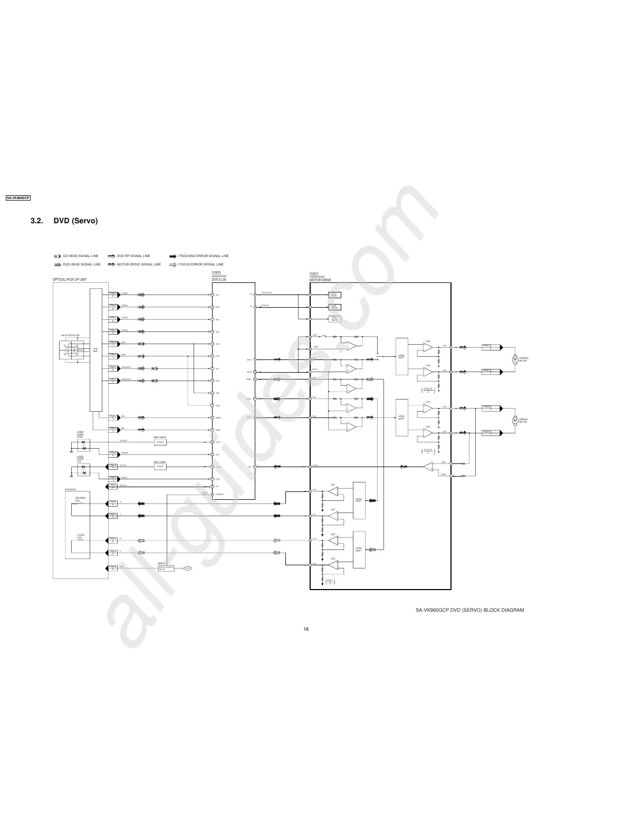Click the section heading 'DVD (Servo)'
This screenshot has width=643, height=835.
[75, 221]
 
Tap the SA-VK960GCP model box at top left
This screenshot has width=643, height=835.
[18, 198]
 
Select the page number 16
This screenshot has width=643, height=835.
[306, 629]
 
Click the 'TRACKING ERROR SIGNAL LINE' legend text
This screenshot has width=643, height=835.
[204, 256]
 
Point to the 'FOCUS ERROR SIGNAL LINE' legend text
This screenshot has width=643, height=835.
[201, 264]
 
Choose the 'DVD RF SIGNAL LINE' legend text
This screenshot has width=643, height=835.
[134, 256]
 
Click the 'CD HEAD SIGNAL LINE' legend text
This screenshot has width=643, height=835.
[81, 256]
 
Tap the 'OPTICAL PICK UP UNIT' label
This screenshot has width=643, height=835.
[70, 279]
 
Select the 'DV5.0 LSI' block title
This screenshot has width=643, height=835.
[219, 279]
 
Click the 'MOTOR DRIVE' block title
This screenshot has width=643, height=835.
[320, 279]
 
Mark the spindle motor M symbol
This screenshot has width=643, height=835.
[515, 420]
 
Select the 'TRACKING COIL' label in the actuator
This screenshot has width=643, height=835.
[80, 499]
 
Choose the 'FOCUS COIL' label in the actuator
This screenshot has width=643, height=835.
[80, 536]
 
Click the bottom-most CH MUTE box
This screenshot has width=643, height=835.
[334, 319]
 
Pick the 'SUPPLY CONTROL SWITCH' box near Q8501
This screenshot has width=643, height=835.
[166, 568]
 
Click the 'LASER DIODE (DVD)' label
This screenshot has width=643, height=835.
[80, 434]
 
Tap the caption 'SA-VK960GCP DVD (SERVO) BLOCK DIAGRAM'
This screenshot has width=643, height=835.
[469, 610]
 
